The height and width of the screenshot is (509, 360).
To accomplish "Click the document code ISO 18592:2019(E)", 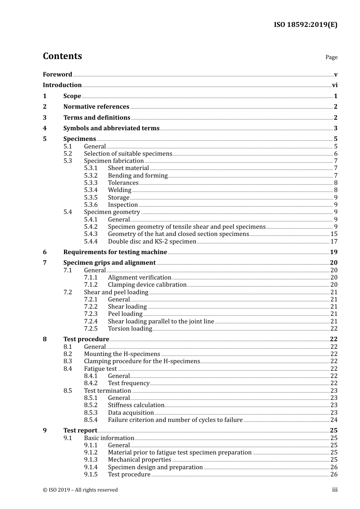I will click(305, 25).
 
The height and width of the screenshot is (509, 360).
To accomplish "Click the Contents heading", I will click(62, 56).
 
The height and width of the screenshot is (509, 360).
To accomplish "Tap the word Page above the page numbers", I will click(331, 57).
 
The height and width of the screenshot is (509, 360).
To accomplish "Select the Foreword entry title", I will click(57, 74).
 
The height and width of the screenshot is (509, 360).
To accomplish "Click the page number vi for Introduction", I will click(335, 85).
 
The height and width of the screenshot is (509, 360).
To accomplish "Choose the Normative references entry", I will click(96, 107).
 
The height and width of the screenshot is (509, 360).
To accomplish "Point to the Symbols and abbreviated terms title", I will click(111, 128).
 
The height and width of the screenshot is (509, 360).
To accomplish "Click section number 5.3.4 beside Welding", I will click(91, 190).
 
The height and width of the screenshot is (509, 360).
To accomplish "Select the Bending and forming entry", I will click(138, 176).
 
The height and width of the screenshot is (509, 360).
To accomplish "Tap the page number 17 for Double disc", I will click(334, 242).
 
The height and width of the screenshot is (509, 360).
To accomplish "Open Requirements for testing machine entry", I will click(115, 252).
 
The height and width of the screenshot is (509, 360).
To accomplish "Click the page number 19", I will click(333, 252).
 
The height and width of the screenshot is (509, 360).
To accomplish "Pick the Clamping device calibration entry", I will click(147, 285).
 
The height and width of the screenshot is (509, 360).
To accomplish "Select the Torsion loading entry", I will click(130, 329).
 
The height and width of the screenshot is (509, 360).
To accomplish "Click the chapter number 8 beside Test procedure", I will click(45, 339).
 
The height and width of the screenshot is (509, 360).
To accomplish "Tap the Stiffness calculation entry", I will click(136, 405).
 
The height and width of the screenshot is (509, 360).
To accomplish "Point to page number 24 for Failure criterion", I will click(334, 420).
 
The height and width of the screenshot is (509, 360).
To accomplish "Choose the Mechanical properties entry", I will click(139, 460).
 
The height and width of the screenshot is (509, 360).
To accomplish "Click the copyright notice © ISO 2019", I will click(80, 490).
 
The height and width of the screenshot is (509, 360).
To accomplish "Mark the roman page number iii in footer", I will click(335, 490).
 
